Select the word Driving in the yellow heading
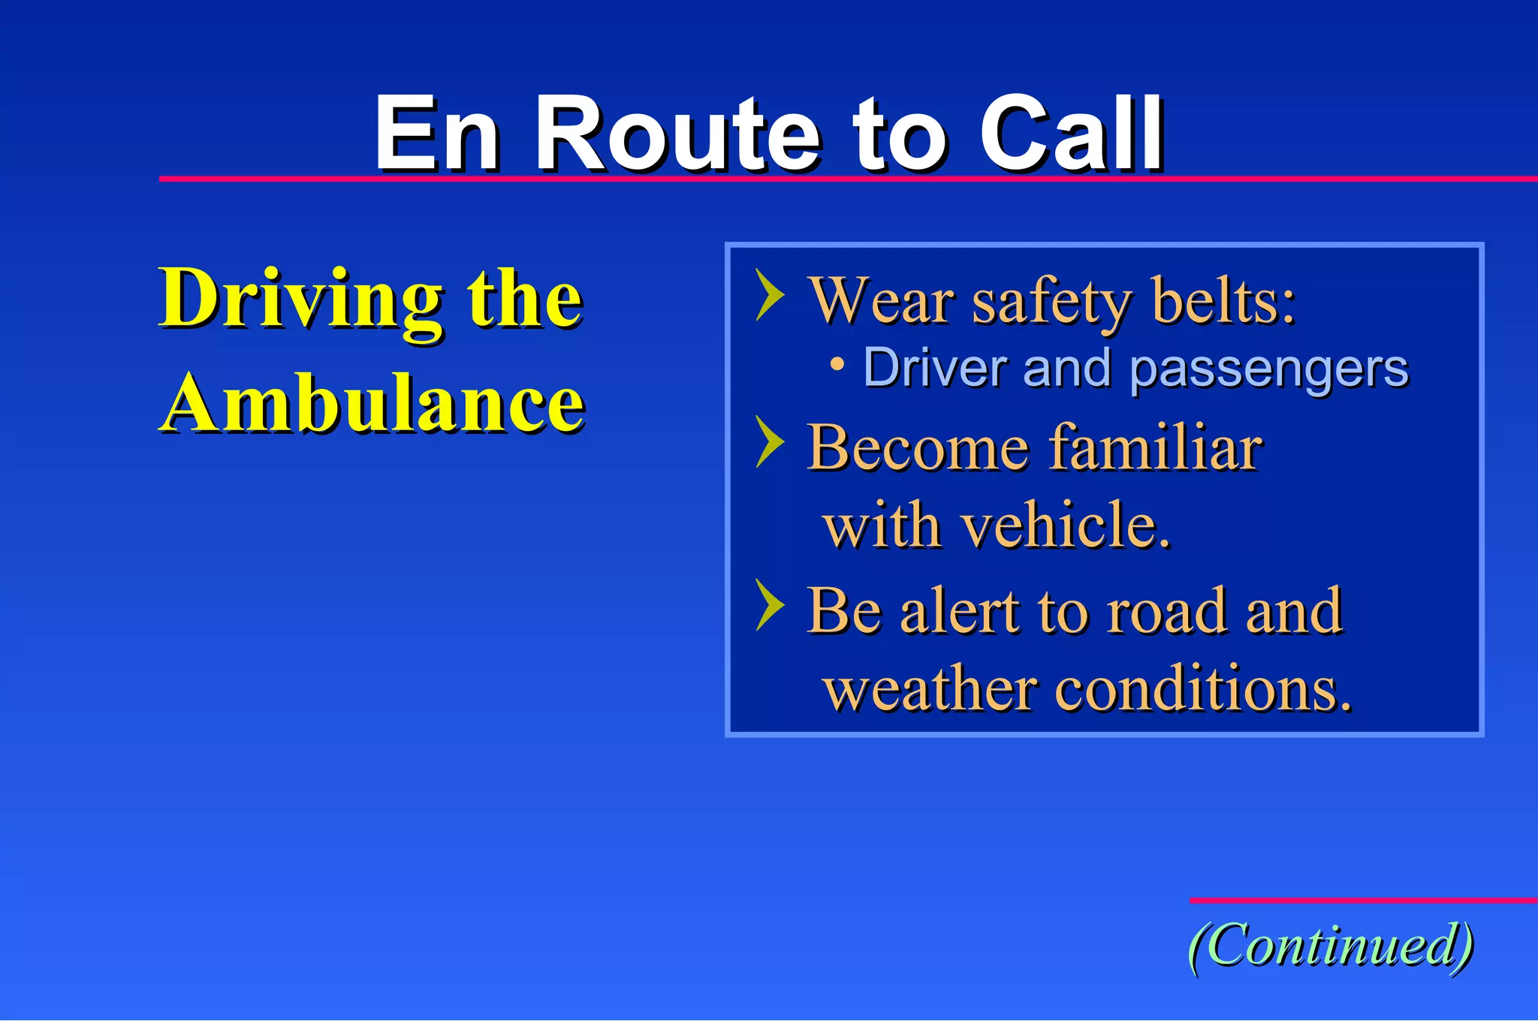point(300,300)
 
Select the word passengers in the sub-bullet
point(1268,369)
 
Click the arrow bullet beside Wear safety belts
point(769,295)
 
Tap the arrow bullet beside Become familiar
point(769,442)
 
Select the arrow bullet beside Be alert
point(769,605)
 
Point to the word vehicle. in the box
point(1066,526)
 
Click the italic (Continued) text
point(1330,945)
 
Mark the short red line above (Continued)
point(1362,899)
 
